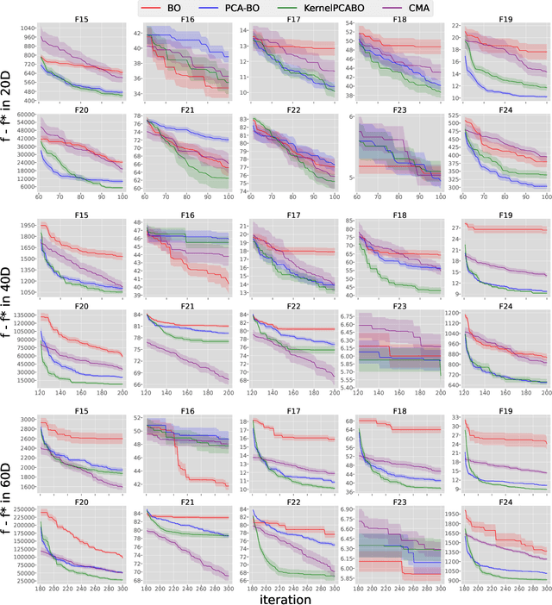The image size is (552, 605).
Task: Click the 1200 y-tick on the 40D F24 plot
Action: click(x=455, y=313)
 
